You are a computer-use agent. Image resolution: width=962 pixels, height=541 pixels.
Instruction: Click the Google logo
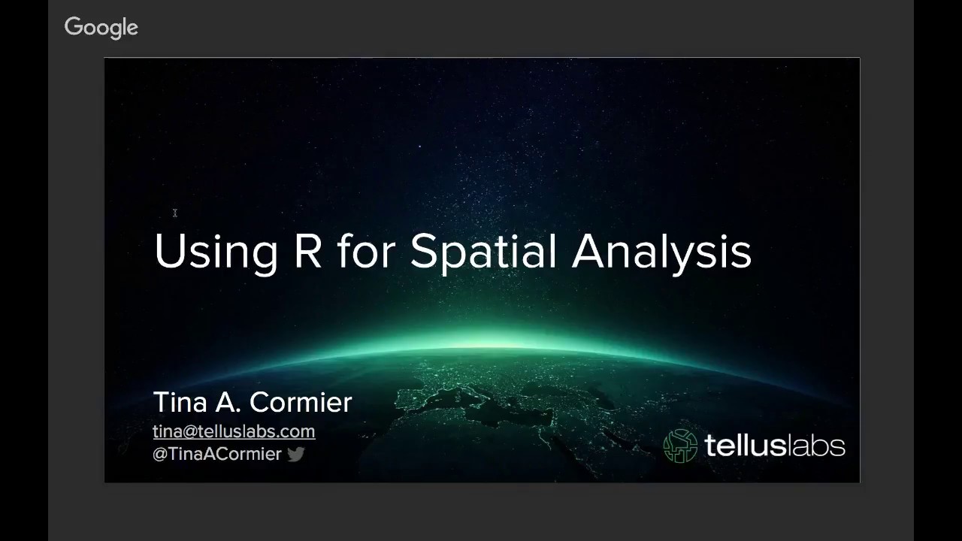click(101, 28)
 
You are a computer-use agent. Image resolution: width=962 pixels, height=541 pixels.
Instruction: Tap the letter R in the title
click(307, 251)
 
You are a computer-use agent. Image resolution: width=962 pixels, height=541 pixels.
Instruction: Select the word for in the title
click(366, 251)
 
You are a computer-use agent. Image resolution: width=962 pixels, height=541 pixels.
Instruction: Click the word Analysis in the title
click(661, 252)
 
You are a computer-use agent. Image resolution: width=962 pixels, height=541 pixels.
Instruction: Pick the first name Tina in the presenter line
click(180, 402)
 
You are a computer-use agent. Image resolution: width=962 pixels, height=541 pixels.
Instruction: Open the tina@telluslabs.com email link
click(234, 431)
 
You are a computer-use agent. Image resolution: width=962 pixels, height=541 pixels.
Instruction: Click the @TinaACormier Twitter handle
click(216, 454)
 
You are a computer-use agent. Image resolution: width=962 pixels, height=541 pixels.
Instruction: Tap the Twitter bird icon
click(295, 454)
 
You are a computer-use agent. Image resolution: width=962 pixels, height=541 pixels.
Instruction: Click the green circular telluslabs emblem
click(680, 446)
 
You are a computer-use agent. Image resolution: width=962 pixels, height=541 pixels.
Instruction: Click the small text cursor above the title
click(174, 213)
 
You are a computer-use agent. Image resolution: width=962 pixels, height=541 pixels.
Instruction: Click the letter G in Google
click(73, 27)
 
